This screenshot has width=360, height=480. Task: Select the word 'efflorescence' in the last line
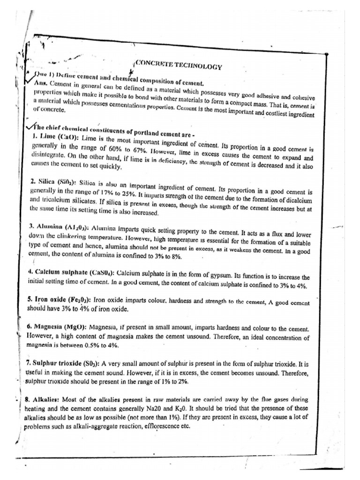[156, 427]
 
